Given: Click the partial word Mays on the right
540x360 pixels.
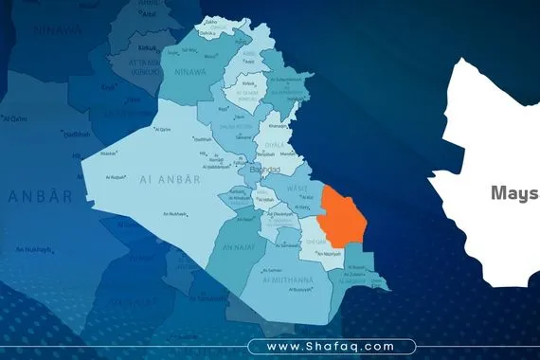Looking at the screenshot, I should [x=513, y=193].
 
